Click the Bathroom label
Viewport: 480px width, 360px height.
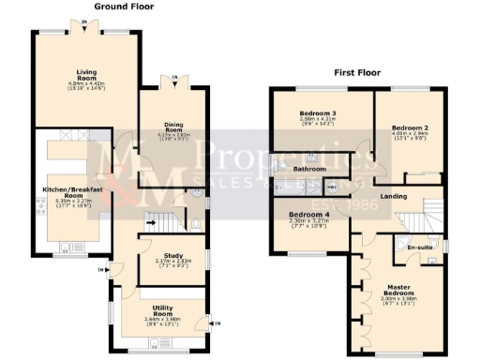click(308, 169)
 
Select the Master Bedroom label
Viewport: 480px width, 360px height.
click(399, 290)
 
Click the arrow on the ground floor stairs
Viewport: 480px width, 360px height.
click(147, 222)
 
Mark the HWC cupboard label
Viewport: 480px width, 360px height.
click(331, 186)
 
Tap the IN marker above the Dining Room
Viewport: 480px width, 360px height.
click(173, 78)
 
